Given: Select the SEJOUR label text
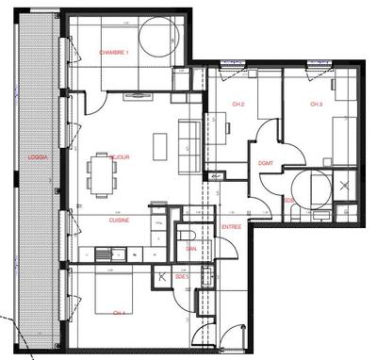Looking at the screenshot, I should (x=119, y=157).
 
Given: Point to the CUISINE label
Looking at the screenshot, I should (x=119, y=220).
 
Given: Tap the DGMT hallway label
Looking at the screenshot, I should (x=265, y=164).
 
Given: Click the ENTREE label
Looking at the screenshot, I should (x=231, y=227).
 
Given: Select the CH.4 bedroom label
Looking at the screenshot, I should (x=118, y=312).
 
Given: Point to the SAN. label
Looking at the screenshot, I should (x=189, y=248).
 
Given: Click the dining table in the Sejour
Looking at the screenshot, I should (x=100, y=170).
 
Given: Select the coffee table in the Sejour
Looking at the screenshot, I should (x=160, y=145).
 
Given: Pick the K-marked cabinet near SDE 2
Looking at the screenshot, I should (x=164, y=276).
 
